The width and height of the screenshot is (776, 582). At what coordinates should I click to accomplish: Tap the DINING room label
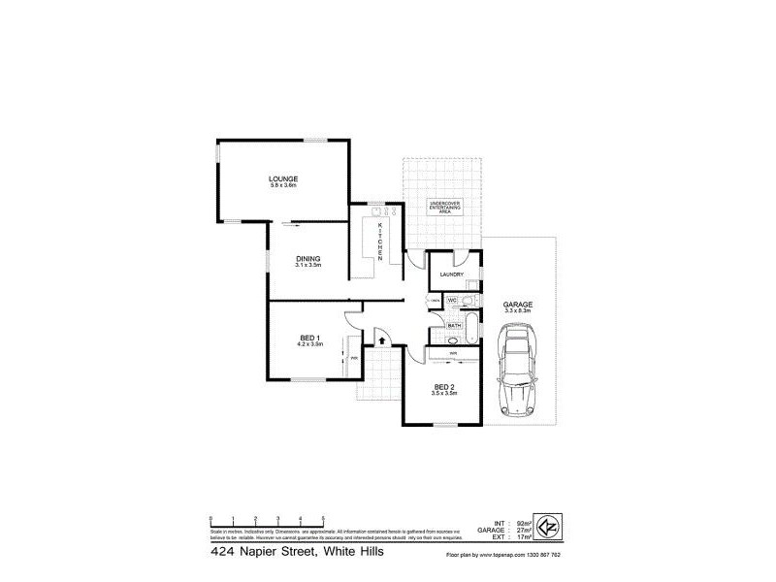pyautogui.click(x=308, y=259)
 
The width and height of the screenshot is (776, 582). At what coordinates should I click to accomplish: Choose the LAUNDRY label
pyautogui.click(x=451, y=275)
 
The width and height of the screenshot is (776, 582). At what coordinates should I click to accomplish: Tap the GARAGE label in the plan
pyautogui.click(x=517, y=304)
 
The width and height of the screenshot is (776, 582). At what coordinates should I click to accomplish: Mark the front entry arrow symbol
pyautogui.click(x=381, y=339)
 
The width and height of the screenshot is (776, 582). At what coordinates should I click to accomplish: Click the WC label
pyautogui.click(x=452, y=300)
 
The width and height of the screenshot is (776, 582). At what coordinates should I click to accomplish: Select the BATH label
pyautogui.click(x=453, y=325)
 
